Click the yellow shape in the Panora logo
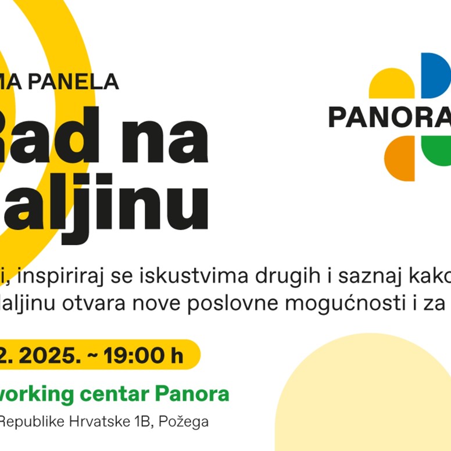pos(392,84)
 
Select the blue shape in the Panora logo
pos(435,75)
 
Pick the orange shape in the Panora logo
pos(399,160)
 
